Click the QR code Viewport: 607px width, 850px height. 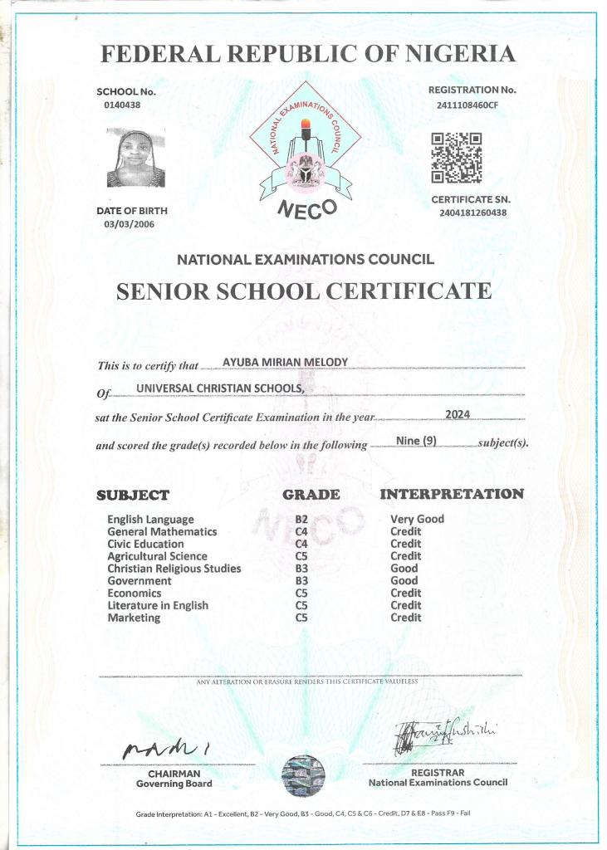tap(456, 158)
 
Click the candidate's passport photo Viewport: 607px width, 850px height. tap(135, 158)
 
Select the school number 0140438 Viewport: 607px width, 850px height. tap(122, 105)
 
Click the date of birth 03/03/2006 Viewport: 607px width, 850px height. tap(129, 224)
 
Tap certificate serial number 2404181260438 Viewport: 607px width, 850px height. tap(473, 212)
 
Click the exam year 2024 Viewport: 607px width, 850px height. tap(458, 414)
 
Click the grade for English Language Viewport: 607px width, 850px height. tap(301, 520)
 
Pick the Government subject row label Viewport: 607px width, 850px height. tap(140, 581)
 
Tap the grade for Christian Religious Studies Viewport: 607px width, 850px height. tap(301, 569)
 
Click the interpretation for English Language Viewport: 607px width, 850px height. tap(417, 520)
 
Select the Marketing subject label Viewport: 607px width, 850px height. tap(134, 618)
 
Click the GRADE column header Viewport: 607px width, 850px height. tap(311, 495)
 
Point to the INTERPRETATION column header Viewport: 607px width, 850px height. tap(452, 494)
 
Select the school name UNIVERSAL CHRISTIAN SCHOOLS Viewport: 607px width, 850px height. tap(220, 388)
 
